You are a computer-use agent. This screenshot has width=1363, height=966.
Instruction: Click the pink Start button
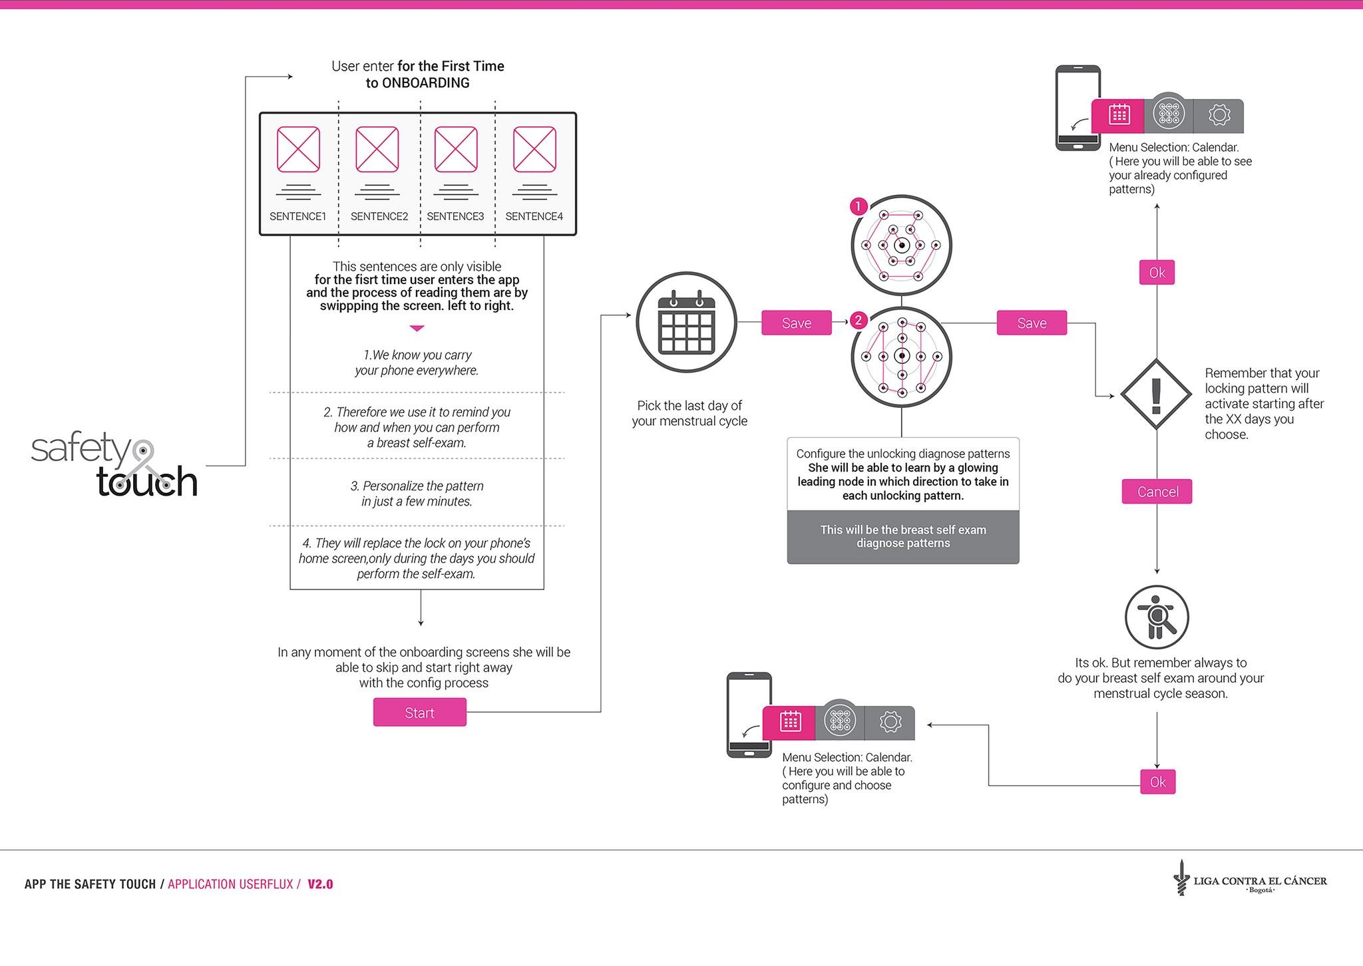(419, 712)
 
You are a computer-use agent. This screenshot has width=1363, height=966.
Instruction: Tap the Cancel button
(1157, 492)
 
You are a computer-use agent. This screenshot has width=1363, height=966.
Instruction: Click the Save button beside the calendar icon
(797, 323)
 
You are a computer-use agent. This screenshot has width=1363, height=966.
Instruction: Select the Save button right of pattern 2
(1032, 323)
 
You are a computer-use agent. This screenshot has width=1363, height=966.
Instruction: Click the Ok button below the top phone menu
(1157, 272)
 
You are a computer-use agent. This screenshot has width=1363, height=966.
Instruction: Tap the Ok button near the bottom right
(1157, 782)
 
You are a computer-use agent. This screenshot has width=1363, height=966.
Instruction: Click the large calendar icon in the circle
(686, 322)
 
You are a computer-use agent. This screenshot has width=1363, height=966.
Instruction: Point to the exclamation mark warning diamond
(1156, 394)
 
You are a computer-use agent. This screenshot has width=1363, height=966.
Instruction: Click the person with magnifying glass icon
(1157, 617)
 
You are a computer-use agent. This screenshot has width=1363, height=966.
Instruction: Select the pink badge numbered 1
(859, 206)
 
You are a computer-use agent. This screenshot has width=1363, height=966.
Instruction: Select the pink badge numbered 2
(859, 321)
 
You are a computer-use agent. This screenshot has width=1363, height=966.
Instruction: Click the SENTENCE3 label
(455, 216)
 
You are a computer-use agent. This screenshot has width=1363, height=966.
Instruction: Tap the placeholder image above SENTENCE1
(298, 150)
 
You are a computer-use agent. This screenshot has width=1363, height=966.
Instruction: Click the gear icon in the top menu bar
(1219, 115)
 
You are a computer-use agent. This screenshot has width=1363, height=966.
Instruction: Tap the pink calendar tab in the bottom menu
(789, 723)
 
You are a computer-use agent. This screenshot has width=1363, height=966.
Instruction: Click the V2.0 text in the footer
(320, 884)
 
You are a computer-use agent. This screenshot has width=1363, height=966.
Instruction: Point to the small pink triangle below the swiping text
(417, 328)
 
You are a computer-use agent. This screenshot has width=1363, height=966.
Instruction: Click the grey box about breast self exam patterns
(902, 537)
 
